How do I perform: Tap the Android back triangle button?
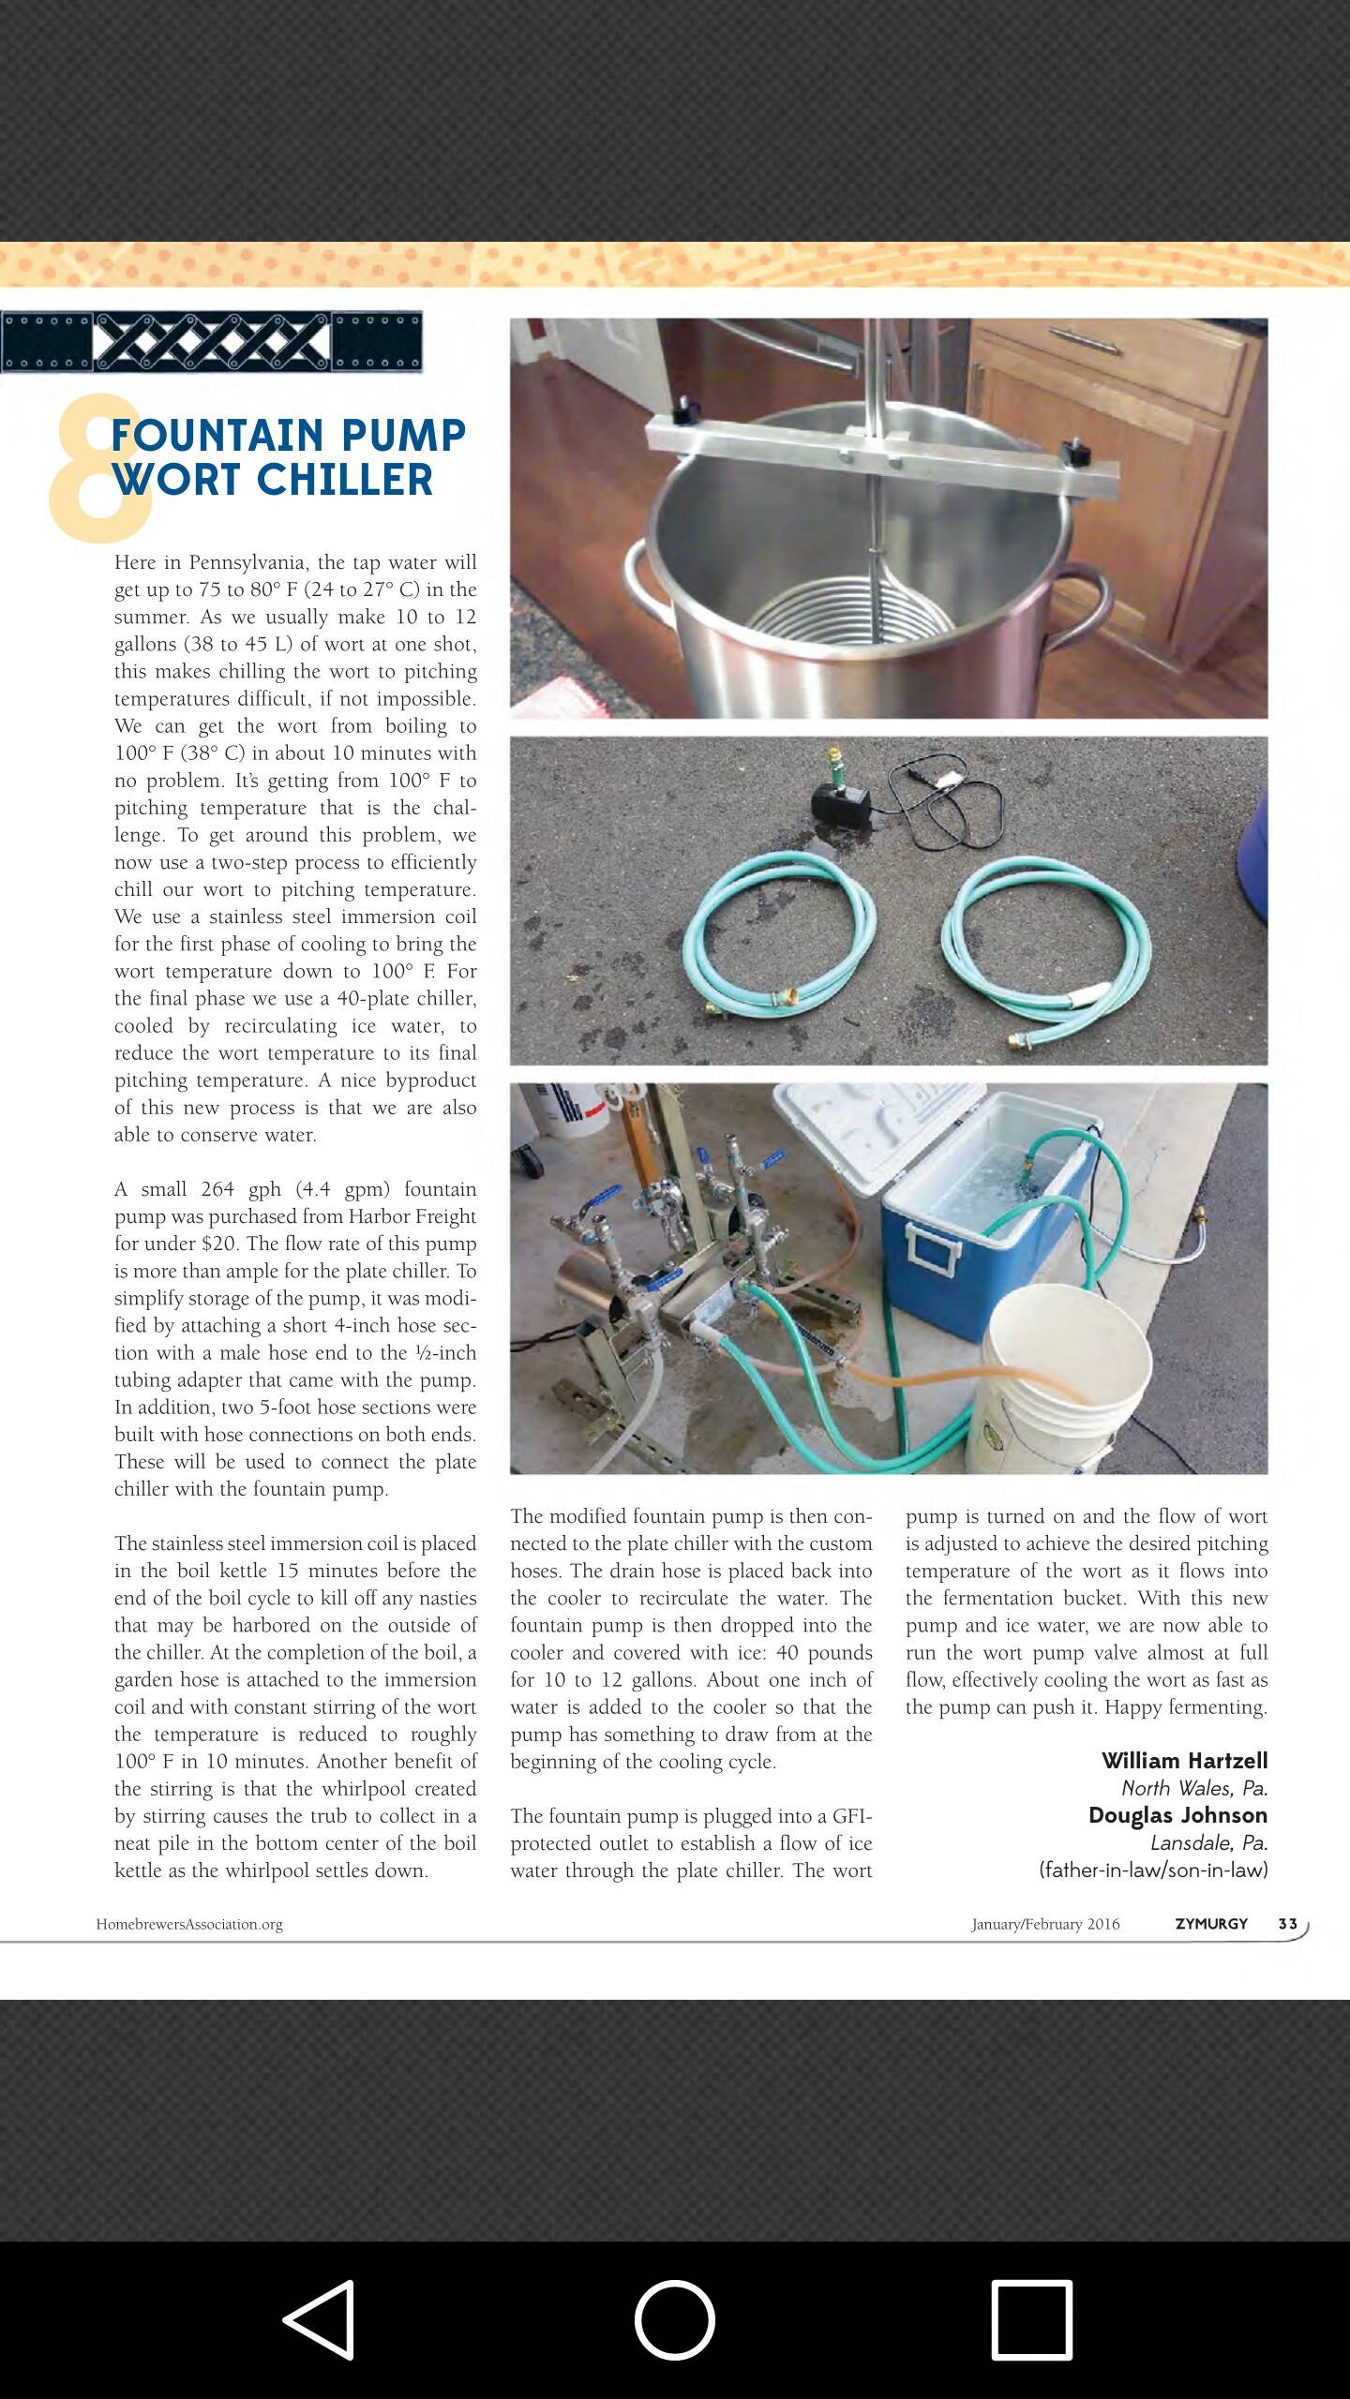click(x=320, y=2319)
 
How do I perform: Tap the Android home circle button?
click(x=674, y=2319)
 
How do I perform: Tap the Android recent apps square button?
click(x=1031, y=2319)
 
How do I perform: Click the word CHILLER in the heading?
click(x=344, y=480)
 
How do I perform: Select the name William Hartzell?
click(x=1184, y=1760)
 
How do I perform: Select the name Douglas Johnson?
click(x=1177, y=1814)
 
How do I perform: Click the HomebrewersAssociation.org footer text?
click(x=189, y=1924)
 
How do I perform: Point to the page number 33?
click(x=1287, y=1923)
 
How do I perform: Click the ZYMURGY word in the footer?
click(x=1211, y=1923)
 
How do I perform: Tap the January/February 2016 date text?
click(x=1045, y=1924)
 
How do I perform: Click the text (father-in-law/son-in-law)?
click(x=1153, y=1870)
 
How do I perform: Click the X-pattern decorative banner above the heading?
click(x=211, y=342)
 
